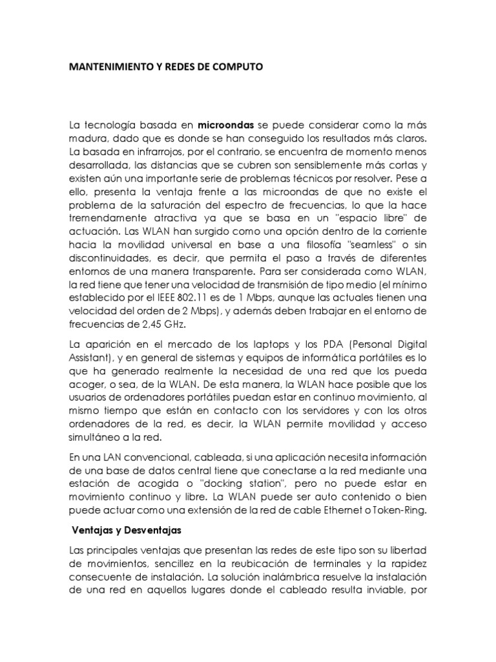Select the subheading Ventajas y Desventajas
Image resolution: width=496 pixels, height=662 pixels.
(126, 529)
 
